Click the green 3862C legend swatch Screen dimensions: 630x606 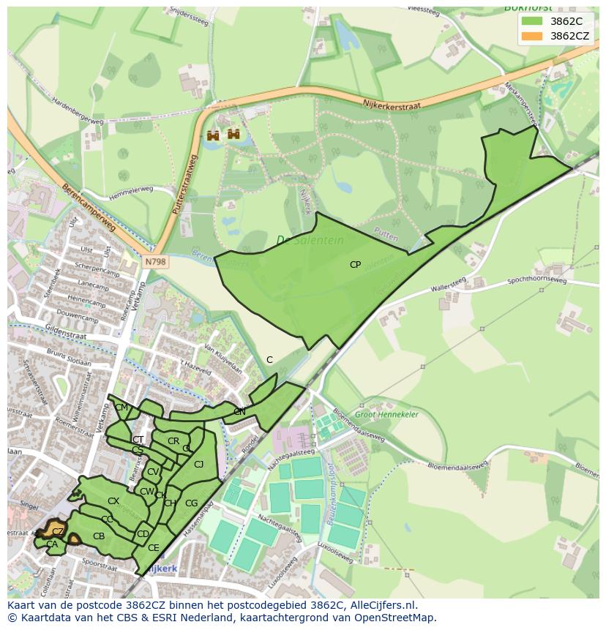(x=533, y=22)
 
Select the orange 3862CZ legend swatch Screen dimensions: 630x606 (x=533, y=36)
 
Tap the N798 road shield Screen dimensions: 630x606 (x=154, y=261)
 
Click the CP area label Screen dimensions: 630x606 (x=355, y=265)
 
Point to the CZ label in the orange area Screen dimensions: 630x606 (x=58, y=530)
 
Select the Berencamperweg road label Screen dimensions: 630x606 (x=89, y=209)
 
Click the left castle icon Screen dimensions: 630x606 (x=214, y=135)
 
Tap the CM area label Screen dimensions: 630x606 (x=121, y=408)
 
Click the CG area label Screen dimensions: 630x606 (x=191, y=503)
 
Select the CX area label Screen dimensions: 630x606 (x=113, y=501)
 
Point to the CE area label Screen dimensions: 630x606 (x=153, y=547)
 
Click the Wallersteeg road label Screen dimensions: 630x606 (x=448, y=288)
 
